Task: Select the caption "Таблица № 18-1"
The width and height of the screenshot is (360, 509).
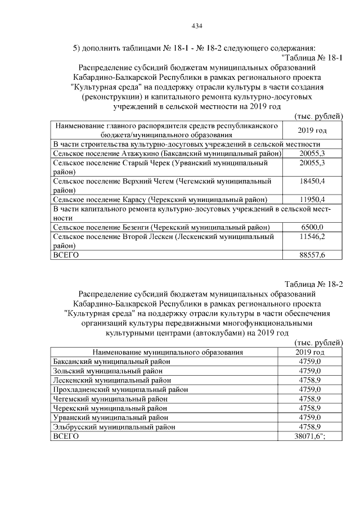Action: click(x=312, y=57)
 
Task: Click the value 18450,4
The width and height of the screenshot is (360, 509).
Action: click(x=313, y=181)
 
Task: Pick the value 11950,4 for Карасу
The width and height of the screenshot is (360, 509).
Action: click(x=313, y=199)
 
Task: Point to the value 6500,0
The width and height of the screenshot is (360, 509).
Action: click(x=313, y=227)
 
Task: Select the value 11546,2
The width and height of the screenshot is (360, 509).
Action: click(x=313, y=236)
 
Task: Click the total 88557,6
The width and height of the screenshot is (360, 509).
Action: click(x=313, y=255)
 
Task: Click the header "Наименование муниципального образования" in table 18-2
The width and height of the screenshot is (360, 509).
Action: click(x=164, y=352)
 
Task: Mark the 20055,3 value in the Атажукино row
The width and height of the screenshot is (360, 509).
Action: click(x=313, y=153)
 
